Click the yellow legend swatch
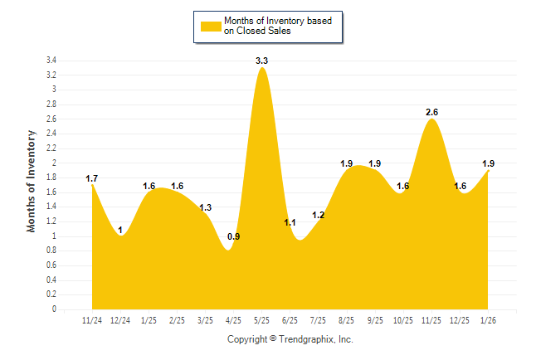211,25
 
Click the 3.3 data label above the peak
261,61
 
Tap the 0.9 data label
234,237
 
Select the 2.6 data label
432,112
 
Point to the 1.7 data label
92,178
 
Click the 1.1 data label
290,222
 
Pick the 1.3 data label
206,207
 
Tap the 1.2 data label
319,216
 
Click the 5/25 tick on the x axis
262,319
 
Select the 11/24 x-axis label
92,319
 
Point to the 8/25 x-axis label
348,319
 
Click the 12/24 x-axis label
120,319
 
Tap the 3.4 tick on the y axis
51,61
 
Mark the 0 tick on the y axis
54,309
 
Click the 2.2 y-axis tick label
51,148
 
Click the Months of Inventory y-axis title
32,180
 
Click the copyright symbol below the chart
273,338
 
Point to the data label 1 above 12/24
121,230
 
